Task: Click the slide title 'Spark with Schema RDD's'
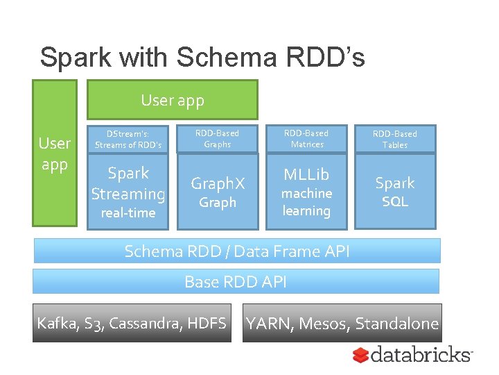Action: coord(202,58)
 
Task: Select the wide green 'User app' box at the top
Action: coord(172,100)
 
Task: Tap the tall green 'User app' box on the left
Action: coord(55,153)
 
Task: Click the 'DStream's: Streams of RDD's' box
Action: coord(128,139)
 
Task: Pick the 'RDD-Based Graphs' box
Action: coord(217,139)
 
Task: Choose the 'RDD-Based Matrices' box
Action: coord(307,139)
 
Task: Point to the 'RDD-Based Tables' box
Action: coord(395,139)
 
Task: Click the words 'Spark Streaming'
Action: coord(128,183)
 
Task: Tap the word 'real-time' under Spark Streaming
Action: coord(128,213)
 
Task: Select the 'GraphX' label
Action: coord(218,183)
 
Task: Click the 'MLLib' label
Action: coord(307,174)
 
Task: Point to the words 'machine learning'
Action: coord(307,202)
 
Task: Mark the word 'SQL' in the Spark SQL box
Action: coord(395,202)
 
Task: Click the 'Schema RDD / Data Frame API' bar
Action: coord(237,251)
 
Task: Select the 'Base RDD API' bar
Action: coord(236,281)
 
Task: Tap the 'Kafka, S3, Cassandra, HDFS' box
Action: coord(132,323)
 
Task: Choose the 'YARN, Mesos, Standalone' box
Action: coord(342,323)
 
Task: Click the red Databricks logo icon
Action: coord(360,356)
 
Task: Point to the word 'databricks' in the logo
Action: coord(421,355)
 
